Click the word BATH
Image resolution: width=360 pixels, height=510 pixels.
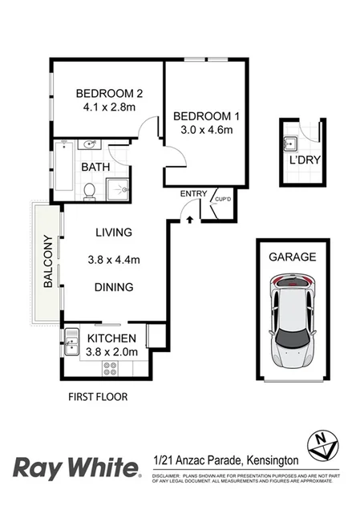click(96, 168)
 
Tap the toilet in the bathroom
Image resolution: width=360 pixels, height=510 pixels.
click(90, 190)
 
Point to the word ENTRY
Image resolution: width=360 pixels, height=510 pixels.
click(193, 193)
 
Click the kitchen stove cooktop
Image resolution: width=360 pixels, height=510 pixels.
click(110, 368)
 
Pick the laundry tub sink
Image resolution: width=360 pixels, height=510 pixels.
click(291, 144)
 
